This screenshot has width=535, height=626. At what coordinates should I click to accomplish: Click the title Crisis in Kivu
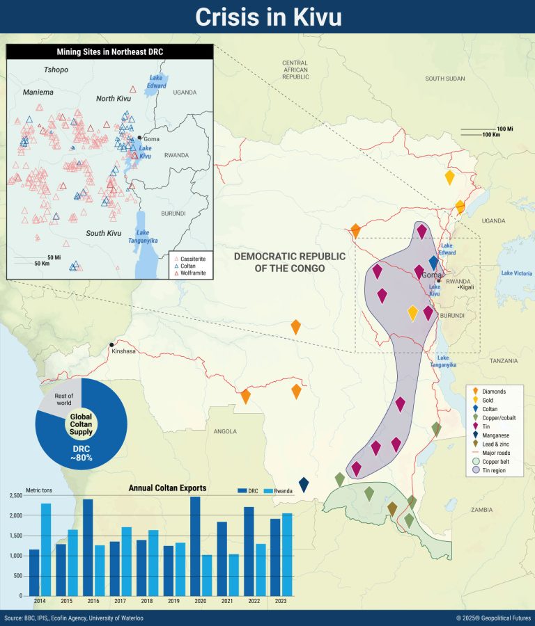pos(267,17)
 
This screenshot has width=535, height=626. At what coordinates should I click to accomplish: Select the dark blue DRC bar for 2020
pos(195,546)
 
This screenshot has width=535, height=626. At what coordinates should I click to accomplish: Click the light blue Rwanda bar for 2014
pos(46,549)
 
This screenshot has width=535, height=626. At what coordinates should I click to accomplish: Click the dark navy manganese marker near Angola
pos(304,484)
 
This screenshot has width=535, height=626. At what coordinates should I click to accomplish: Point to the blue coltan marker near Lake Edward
pos(434,263)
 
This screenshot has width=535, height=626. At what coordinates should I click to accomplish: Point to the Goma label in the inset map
pos(151,139)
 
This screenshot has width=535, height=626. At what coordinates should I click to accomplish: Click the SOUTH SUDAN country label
pos(444,79)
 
